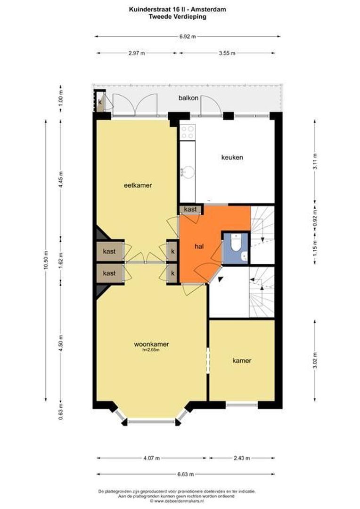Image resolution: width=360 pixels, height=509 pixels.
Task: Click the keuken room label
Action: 232,157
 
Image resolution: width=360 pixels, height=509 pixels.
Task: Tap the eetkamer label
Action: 138,185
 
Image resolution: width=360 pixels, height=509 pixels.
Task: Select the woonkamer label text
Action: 152,344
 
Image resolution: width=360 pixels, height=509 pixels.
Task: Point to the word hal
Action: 199,246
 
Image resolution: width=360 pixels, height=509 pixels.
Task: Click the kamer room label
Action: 242,361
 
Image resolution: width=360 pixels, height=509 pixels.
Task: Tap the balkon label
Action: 188,98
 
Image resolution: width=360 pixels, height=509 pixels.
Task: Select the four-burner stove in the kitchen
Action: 188,132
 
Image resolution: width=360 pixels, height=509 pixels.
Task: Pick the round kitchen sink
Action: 188,172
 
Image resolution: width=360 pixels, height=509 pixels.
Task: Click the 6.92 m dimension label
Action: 188,37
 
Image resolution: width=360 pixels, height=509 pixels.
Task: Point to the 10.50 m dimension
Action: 46,260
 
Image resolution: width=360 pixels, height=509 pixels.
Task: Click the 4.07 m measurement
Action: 152,458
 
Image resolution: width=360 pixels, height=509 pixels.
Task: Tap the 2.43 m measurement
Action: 242,458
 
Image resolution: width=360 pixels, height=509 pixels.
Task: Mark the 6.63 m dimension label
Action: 186,474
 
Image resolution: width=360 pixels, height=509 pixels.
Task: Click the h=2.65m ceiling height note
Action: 151,350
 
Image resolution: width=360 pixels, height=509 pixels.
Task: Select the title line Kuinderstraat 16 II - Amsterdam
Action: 178,9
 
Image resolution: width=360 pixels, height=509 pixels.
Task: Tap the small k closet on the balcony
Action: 99,102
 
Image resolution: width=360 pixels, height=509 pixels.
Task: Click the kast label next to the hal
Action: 190,209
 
